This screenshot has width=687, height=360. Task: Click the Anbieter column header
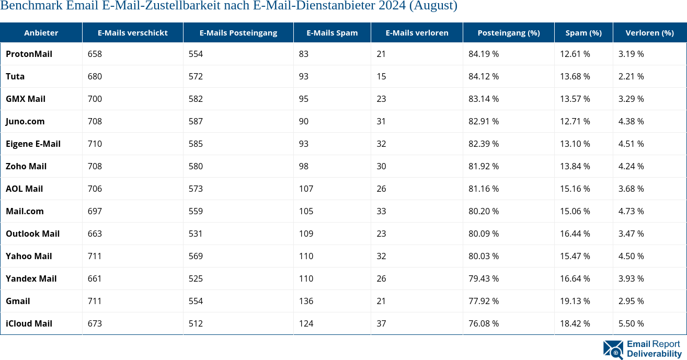pos(41,32)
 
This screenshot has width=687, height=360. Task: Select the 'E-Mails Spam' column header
pos(332,32)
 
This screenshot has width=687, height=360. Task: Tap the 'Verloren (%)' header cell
pos(649,32)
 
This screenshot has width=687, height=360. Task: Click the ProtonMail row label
pos(29,54)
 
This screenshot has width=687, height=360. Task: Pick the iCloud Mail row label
pos(29,323)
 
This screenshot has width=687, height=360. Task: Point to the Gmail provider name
pos(18,301)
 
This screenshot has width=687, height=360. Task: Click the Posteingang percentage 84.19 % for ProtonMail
pos(484,54)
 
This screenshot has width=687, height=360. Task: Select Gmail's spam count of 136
pos(306,301)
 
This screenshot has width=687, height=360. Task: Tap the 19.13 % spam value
pos(575,301)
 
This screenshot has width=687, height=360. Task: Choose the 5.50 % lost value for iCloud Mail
pos(631,323)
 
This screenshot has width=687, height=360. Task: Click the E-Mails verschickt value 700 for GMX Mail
pos(95,99)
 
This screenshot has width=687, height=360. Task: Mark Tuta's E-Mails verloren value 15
pos(381,76)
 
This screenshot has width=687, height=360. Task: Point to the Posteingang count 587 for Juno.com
pos(196,121)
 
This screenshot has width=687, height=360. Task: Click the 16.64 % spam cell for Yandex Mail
pos(575,278)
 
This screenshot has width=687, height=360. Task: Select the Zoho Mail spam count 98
pos(304,166)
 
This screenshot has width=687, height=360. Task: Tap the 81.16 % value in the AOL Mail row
pos(484,189)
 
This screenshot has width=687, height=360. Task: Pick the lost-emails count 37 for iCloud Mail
pos(381,323)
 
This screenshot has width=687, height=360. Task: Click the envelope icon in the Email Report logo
pos(613,350)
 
